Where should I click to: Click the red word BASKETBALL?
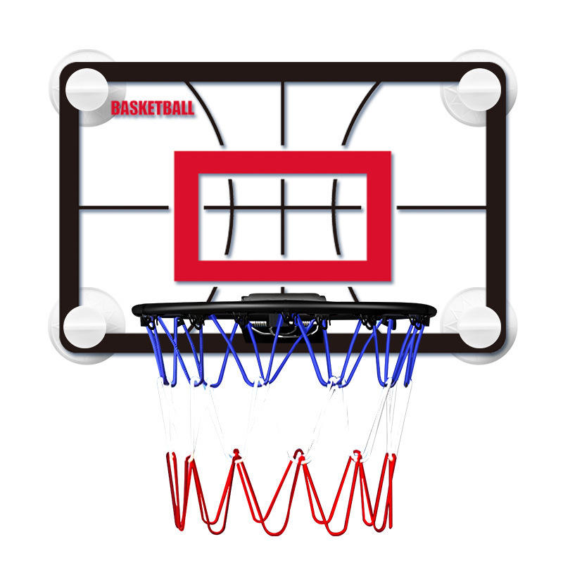(152, 108)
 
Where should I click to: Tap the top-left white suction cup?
(87, 89)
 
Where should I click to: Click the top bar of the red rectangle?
(282, 162)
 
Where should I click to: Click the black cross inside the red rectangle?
(282, 208)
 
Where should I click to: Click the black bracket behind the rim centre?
(284, 299)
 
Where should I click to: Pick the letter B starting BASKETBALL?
(115, 108)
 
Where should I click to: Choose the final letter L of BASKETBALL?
(190, 108)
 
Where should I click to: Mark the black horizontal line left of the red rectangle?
(124, 208)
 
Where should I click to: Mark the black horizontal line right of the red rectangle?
(443, 208)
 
